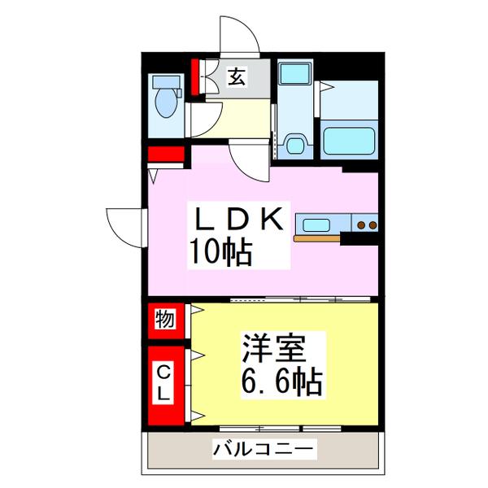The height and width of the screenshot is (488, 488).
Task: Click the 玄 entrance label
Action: [235, 77]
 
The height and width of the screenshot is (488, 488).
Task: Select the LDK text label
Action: [237, 220]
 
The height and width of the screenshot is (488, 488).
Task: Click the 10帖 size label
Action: [220, 253]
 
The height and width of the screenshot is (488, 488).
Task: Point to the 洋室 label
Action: [273, 349]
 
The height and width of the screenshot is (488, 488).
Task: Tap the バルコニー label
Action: [263, 448]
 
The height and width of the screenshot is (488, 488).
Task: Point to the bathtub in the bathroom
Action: [350, 140]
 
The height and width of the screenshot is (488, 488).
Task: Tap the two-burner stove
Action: [364, 224]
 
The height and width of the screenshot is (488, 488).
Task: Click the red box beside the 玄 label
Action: [195, 78]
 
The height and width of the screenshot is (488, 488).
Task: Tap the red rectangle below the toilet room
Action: [167, 154]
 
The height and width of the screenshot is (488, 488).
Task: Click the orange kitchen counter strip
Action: [317, 239]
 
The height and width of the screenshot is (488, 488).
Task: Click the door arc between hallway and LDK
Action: [249, 156]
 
